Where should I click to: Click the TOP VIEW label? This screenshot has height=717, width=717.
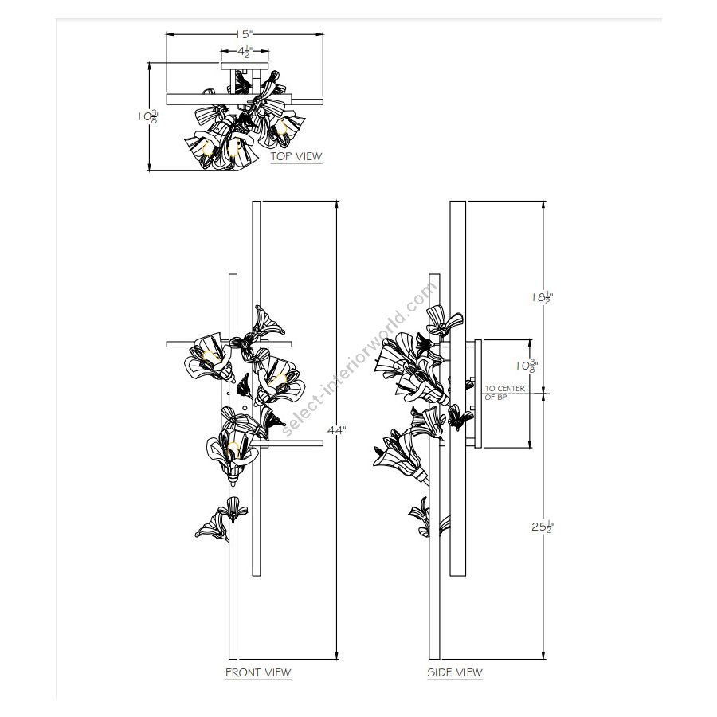[296, 156]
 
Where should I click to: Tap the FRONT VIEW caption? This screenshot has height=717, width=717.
[258, 672]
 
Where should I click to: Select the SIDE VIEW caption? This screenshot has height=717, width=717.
[455, 672]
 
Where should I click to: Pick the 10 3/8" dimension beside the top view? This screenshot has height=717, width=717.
[149, 116]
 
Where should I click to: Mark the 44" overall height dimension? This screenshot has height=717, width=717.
[337, 430]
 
